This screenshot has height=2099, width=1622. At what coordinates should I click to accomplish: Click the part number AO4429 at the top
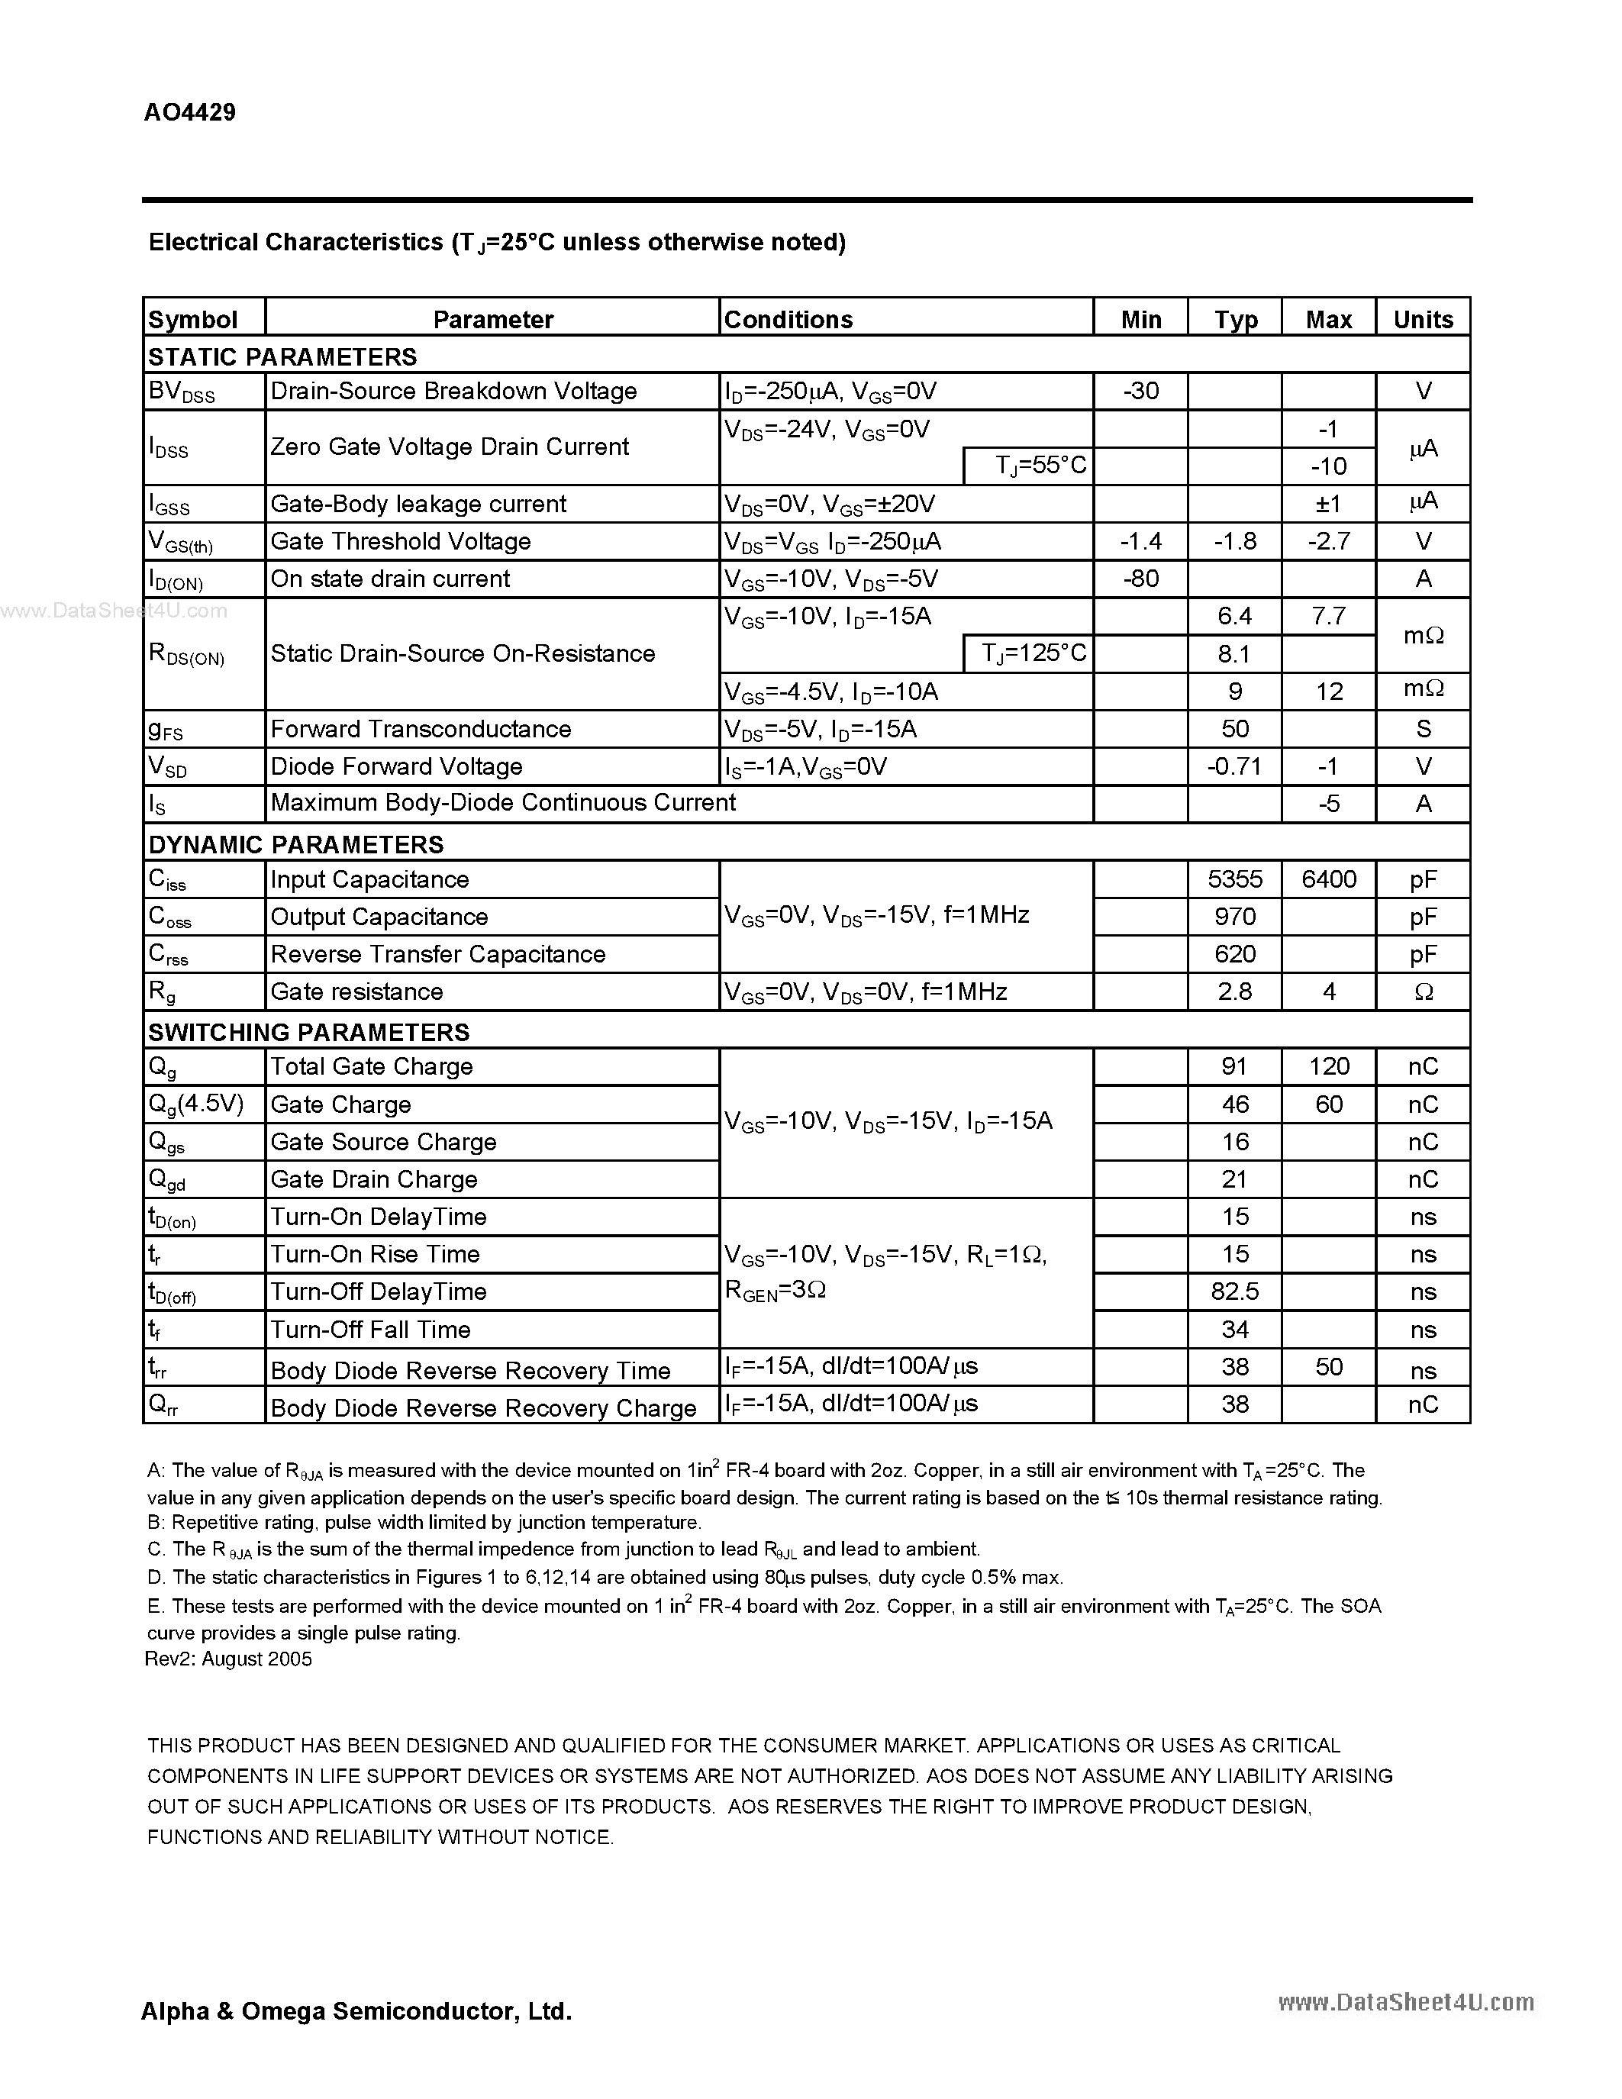pos(189,112)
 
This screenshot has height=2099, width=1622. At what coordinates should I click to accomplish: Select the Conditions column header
pos(788,319)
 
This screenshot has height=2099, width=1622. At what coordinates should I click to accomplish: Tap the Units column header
pos(1423,319)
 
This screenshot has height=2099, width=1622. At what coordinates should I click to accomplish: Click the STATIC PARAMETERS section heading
pos(282,356)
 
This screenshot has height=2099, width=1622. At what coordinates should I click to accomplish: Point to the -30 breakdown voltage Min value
pos(1140,391)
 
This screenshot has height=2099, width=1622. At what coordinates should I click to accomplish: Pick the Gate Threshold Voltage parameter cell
pos(401,541)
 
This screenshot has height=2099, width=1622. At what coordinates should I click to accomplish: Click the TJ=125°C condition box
pos(1028,653)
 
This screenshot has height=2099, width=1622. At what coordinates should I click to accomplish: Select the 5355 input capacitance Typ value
pos(1235,879)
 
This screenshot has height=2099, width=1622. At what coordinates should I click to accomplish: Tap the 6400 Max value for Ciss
pos(1329,879)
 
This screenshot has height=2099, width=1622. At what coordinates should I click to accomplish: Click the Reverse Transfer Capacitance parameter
pos(438,954)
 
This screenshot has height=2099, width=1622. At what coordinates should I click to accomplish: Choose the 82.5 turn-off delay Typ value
pos(1235,1291)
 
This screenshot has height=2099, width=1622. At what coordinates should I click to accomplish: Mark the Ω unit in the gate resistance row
pos(1423,991)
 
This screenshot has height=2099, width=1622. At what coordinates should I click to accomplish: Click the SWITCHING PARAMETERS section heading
pos(308,1032)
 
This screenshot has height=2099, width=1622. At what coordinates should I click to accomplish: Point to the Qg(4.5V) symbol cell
pos(196,1104)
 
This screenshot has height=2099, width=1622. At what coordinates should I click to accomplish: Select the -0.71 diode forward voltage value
pos(1235,767)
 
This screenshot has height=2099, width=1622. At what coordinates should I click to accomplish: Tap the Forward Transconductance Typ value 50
pos(1235,730)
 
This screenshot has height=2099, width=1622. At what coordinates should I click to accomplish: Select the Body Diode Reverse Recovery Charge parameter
pos(483,1408)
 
